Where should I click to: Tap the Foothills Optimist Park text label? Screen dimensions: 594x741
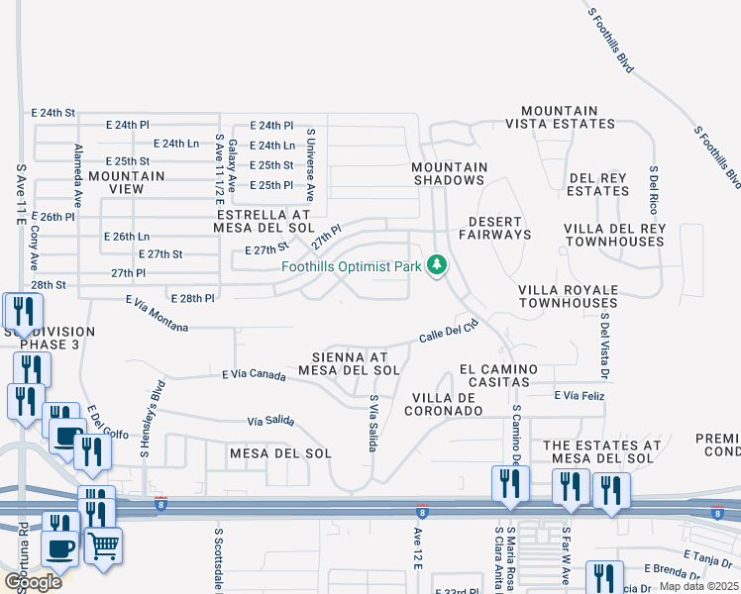(351, 266)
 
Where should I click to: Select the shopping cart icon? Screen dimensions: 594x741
(103, 544)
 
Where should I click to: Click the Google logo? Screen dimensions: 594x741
(33, 582)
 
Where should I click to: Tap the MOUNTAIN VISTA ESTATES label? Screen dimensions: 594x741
(560, 118)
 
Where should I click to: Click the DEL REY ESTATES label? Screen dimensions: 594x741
(598, 184)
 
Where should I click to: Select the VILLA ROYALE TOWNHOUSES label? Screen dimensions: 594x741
(568, 295)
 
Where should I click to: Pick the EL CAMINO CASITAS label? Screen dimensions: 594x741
(498, 375)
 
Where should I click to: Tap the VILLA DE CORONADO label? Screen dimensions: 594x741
(446, 404)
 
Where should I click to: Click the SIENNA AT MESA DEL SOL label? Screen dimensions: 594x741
(355, 362)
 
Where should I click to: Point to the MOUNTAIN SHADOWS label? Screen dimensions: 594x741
(450, 174)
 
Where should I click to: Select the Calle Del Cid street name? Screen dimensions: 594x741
(448, 331)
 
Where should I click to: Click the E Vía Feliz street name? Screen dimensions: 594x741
(579, 396)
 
